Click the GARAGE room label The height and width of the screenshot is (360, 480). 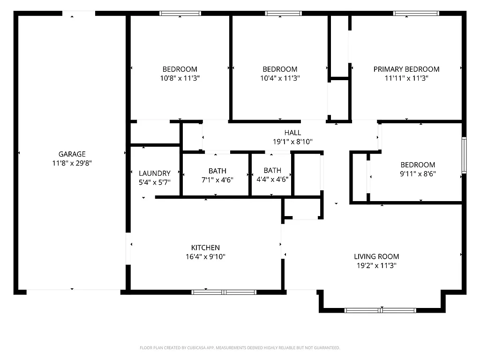72,154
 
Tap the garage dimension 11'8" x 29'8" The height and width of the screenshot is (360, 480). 72,163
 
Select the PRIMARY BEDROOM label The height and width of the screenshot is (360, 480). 406,69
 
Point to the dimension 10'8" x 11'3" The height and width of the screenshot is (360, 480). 180,78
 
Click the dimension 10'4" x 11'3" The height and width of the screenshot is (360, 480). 280,78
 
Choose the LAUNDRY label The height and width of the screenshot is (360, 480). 155,173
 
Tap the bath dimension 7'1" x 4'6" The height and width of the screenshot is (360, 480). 217,180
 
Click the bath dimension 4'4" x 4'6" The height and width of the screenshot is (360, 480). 272,180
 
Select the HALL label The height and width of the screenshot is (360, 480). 292,133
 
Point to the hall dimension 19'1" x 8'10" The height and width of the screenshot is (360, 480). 292,142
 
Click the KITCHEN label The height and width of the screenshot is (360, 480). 205,247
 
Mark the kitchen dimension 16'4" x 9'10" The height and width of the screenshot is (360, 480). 205,257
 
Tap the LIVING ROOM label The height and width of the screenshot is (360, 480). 376,256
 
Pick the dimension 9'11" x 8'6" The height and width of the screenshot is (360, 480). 418,174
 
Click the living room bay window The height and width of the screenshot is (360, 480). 380,310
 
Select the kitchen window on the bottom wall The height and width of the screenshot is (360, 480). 224,292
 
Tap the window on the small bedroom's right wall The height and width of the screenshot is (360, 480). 464,155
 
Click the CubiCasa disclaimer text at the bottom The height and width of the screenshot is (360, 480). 240,348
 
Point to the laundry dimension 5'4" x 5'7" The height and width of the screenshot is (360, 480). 155,182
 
